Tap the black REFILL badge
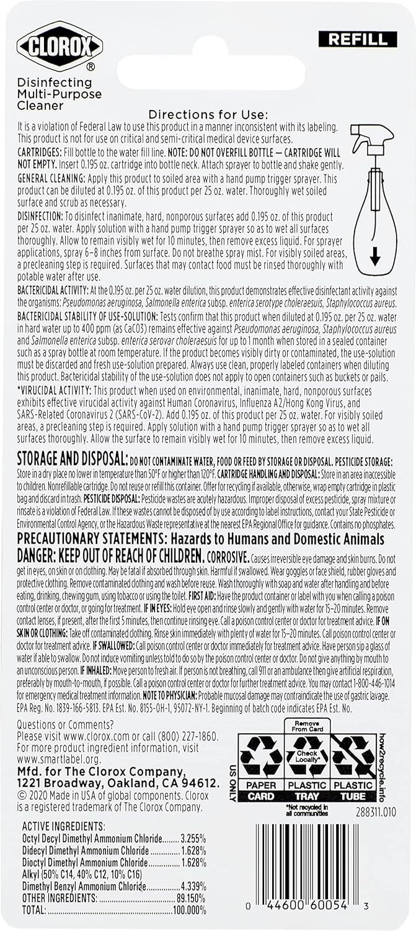[x=357, y=39]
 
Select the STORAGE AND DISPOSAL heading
[x=71, y=459]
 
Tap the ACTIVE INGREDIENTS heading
[x=63, y=827]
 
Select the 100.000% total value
[x=190, y=910]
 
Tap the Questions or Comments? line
[x=66, y=724]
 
